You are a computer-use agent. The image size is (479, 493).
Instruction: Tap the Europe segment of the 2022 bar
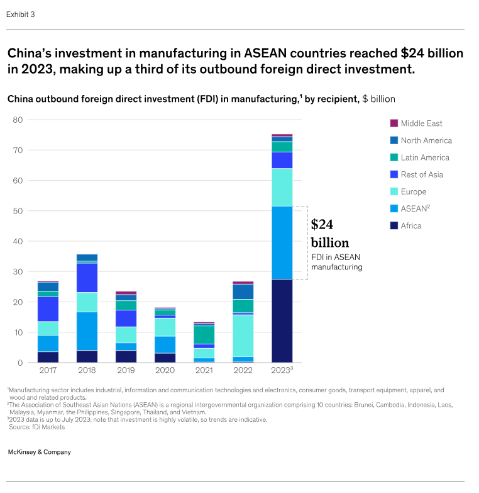pyautogui.click(x=243, y=336)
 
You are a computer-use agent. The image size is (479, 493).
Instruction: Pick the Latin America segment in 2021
pyautogui.click(x=203, y=334)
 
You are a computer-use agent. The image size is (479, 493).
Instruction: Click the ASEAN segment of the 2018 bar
pyautogui.click(x=87, y=331)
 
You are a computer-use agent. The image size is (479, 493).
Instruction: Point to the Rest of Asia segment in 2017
pyautogui.click(x=48, y=309)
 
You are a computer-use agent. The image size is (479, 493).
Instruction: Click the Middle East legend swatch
pyautogui.click(x=394, y=123)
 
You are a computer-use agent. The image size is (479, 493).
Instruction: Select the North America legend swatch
pyautogui.click(x=394, y=140)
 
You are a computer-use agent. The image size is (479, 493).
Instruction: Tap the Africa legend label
pyautogui.click(x=411, y=225)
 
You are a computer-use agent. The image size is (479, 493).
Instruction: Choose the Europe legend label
pyautogui.click(x=413, y=191)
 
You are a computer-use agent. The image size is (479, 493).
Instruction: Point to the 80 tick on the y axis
pyautogui.click(x=18, y=120)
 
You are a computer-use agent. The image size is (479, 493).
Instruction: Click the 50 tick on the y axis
pyautogui.click(x=18, y=211)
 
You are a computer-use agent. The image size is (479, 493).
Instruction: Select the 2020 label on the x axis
pyautogui.click(x=165, y=371)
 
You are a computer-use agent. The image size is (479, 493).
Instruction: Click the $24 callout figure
pyautogui.click(x=322, y=224)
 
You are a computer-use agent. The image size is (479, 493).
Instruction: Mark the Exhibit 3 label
pyautogui.click(x=21, y=14)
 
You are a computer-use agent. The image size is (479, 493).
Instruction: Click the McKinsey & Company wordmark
pyautogui.click(x=40, y=452)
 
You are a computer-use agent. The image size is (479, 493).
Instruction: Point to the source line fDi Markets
pyautogui.click(x=37, y=427)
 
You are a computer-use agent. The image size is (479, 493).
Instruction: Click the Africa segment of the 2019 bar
pyautogui.click(x=126, y=356)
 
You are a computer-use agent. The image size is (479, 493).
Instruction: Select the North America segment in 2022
pyautogui.click(x=243, y=292)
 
